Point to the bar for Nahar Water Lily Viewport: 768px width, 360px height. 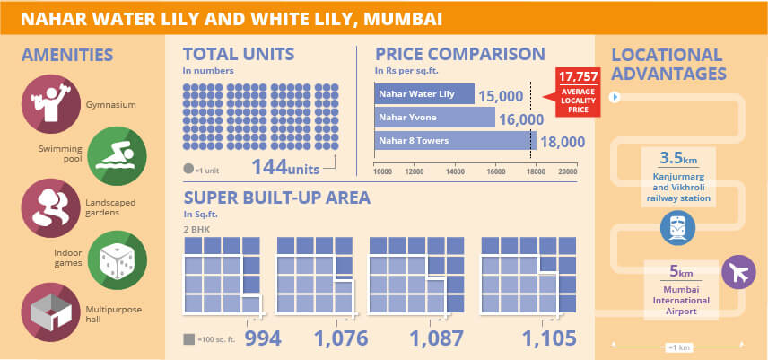[423, 94]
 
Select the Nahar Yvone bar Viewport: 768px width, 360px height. [434, 118]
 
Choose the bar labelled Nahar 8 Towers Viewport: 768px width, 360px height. [454, 141]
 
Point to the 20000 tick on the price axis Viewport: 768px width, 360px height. [566, 171]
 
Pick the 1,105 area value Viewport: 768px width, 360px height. [548, 338]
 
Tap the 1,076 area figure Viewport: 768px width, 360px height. [341, 338]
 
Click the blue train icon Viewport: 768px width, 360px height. [679, 228]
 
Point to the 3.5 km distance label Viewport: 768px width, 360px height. [677, 158]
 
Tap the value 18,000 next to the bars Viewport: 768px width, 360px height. [563, 142]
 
